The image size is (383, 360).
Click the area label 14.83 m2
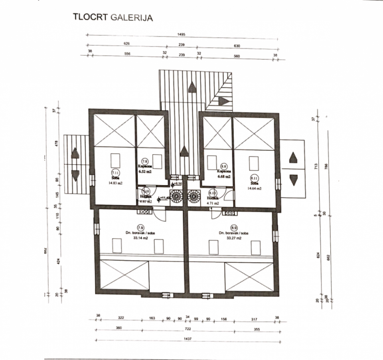[x=115, y=183]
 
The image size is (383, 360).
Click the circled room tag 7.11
[x=115, y=173]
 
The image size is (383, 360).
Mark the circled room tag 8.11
[x=254, y=178]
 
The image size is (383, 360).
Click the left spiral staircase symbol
[x=176, y=197]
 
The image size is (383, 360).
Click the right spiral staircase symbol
[x=194, y=197]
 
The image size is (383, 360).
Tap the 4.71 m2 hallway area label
[x=213, y=203]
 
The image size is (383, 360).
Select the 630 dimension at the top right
[x=237, y=45]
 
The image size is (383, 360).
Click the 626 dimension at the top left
[x=128, y=43]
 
